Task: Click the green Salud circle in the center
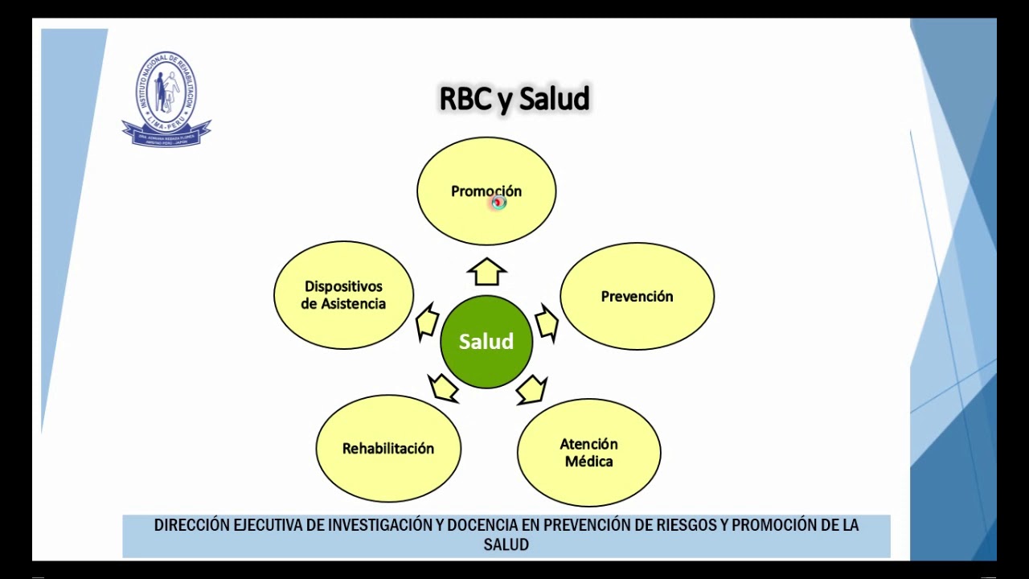tap(486, 342)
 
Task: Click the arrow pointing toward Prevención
tap(547, 322)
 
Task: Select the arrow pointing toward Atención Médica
tap(531, 390)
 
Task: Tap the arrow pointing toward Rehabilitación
tap(444, 388)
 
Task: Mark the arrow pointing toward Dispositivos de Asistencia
tap(427, 322)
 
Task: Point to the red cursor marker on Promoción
tap(498, 203)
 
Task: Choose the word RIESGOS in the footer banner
tap(687, 525)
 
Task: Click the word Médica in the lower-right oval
tap(588, 462)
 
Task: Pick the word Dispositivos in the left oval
tap(343, 286)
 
